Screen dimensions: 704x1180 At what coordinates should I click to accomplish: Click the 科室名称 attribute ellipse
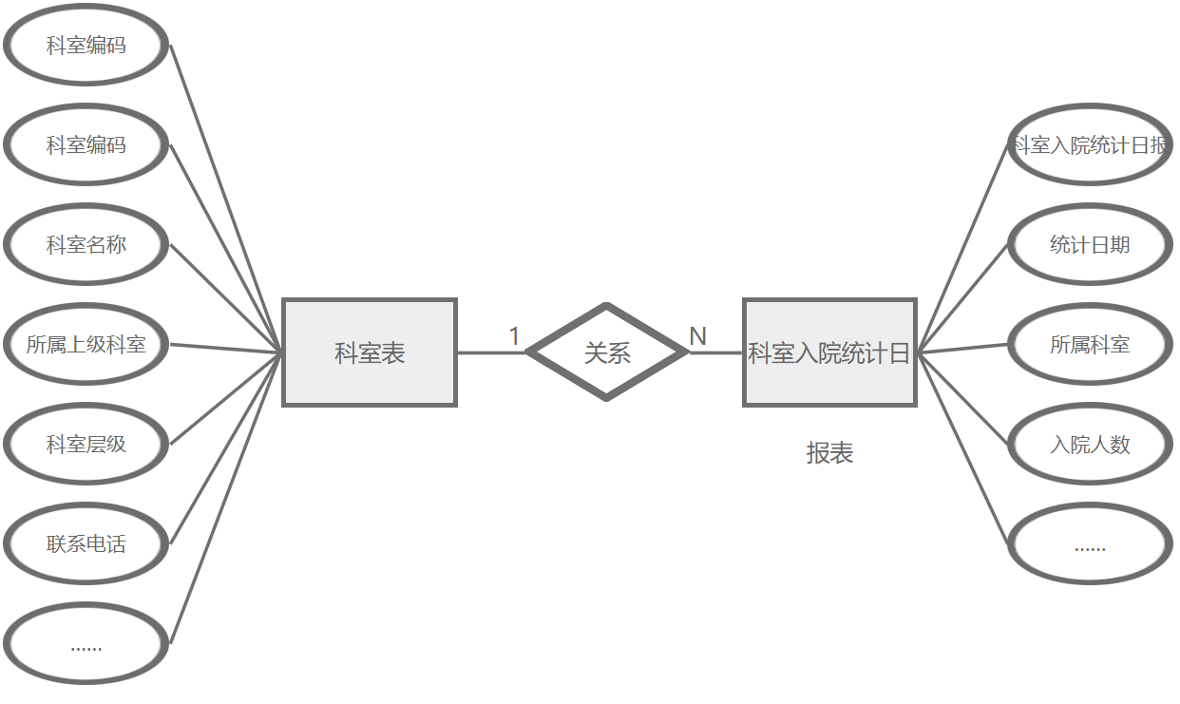[x=86, y=245]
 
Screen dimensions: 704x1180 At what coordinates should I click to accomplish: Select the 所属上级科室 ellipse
[x=86, y=345]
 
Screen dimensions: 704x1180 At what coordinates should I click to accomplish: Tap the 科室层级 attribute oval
[x=86, y=445]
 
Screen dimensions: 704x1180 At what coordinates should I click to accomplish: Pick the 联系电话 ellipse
[x=86, y=544]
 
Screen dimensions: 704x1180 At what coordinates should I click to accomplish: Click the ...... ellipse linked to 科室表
[x=86, y=646]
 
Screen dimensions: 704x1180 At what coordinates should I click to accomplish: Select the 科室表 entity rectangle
[x=370, y=352]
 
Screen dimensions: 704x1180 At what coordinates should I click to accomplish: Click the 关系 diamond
[x=607, y=352]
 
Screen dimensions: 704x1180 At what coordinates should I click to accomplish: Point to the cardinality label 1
[x=514, y=336]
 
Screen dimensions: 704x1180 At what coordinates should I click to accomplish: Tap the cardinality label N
[x=697, y=336]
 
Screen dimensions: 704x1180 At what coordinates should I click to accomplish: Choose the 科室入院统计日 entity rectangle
[x=829, y=352]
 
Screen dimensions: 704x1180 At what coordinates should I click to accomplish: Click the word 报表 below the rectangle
[x=829, y=453]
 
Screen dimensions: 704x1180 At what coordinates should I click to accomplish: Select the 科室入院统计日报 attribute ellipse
[x=1090, y=145]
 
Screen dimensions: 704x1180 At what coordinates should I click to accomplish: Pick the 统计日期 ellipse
[x=1090, y=245]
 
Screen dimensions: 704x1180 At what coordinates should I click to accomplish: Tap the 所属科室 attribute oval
[x=1090, y=345]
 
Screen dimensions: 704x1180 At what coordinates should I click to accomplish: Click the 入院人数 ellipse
[x=1090, y=445]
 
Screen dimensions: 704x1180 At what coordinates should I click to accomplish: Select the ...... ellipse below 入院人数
[x=1090, y=545]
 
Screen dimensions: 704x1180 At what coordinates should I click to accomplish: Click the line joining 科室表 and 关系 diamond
[x=490, y=352]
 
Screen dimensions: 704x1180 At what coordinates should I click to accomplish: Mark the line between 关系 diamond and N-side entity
[x=715, y=352]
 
